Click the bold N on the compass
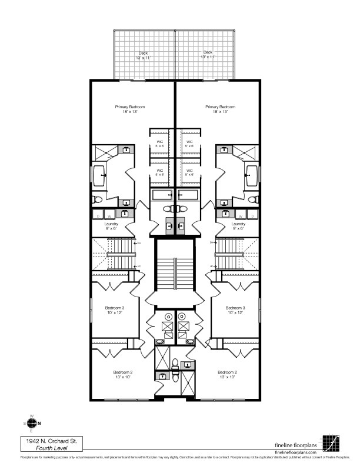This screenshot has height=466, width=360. click(x=39, y=424)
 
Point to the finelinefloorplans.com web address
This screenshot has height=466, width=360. click(x=300, y=451)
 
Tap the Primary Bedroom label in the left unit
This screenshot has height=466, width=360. click(x=130, y=106)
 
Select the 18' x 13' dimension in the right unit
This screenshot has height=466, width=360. click(x=220, y=112)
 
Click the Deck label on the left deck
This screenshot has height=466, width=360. click(x=134, y=52)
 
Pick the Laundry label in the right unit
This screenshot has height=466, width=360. click(x=238, y=224)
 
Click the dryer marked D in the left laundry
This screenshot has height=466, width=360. click(x=98, y=216)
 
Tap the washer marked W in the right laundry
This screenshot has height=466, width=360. click(x=241, y=216)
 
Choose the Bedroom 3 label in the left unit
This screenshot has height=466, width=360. click(x=114, y=308)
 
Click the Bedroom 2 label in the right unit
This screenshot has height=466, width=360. click(x=227, y=372)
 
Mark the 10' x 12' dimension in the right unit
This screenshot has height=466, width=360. click(x=235, y=313)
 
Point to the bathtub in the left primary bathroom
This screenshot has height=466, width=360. click(x=99, y=174)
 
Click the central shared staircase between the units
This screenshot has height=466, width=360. click(x=175, y=265)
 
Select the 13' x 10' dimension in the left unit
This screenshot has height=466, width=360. click(x=123, y=377)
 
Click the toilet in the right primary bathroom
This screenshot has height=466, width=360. click(x=254, y=200)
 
